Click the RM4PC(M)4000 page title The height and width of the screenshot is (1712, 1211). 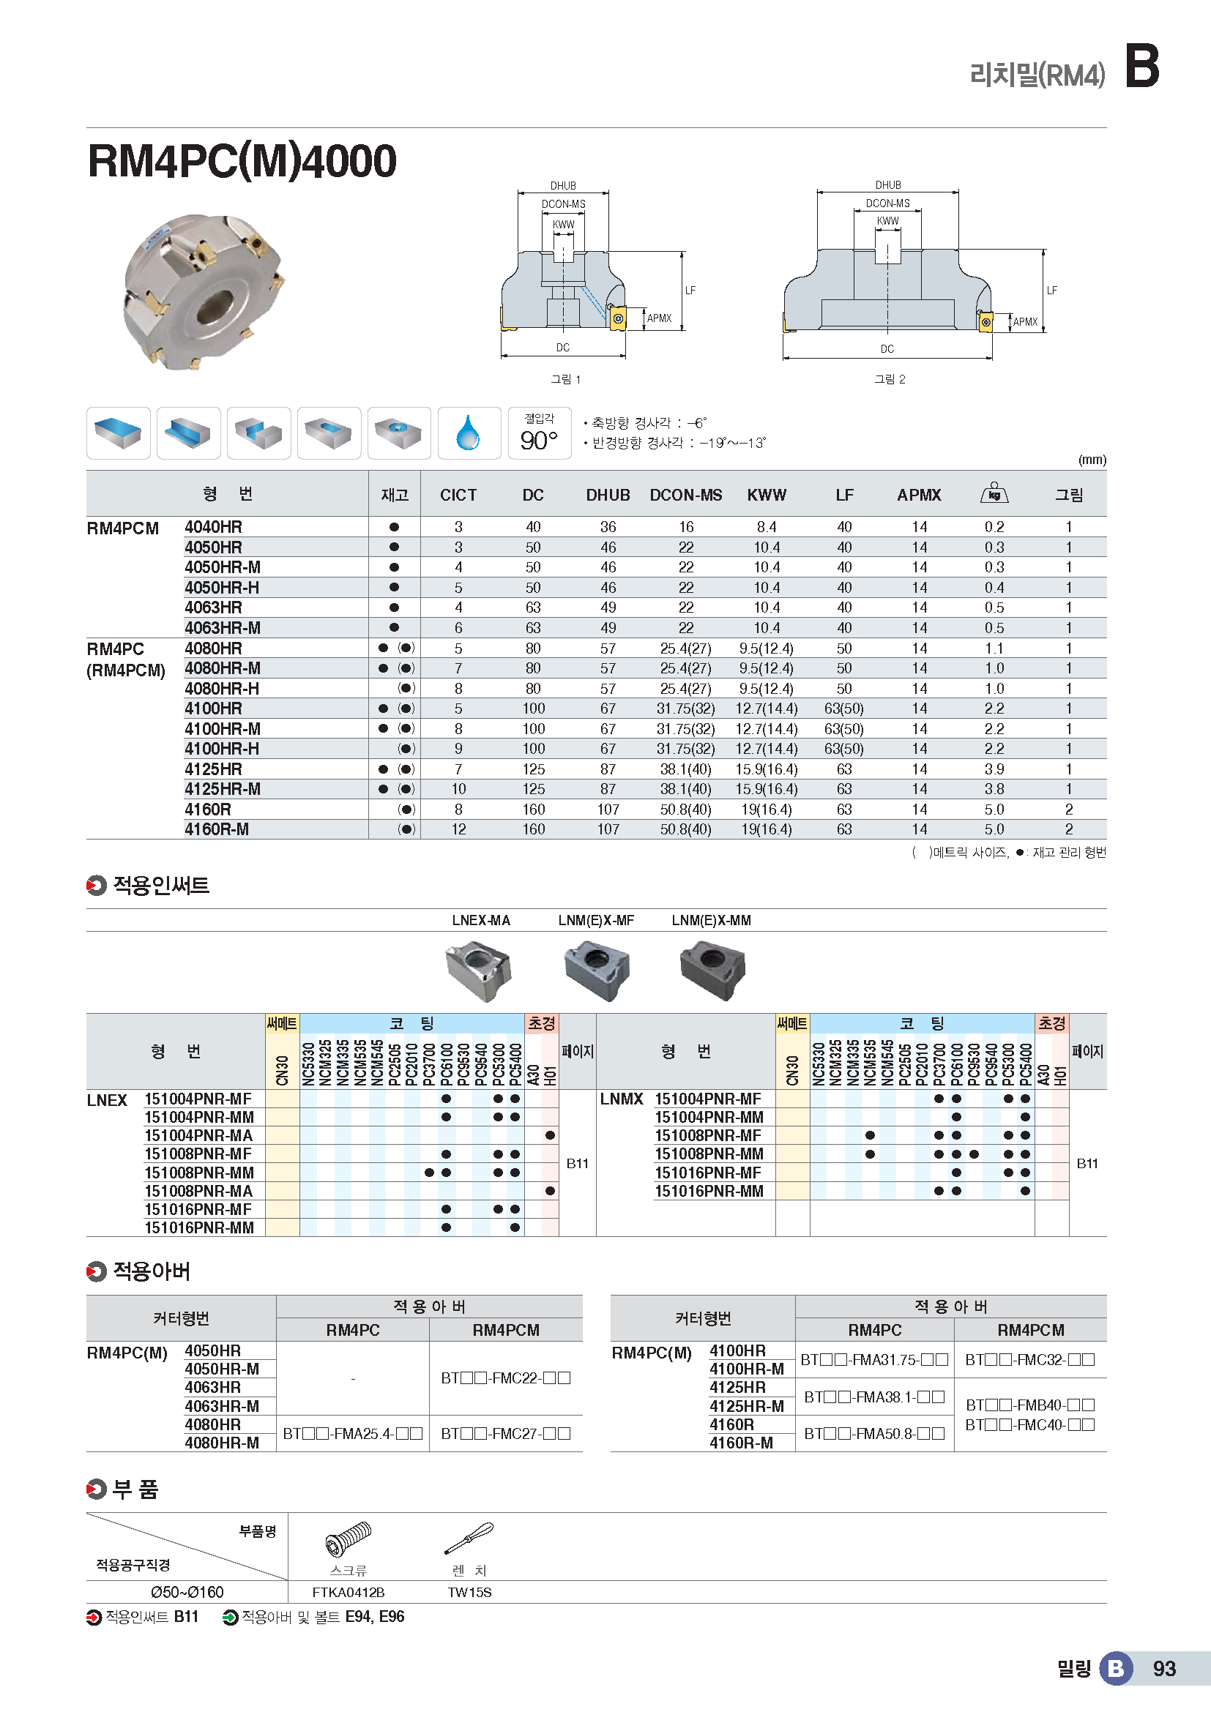pos(242,161)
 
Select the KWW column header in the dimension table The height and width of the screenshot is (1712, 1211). pos(766,495)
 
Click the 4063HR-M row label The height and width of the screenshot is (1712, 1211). pos(223,628)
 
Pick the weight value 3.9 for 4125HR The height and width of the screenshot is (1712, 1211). pos(994,769)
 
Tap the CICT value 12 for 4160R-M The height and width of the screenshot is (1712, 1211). pos(458,829)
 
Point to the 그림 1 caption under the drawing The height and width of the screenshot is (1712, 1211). pos(565,380)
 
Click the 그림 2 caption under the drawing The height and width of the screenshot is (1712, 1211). pos(890,380)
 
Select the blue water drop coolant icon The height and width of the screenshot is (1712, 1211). pos(469,433)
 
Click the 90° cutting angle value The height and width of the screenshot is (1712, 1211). pos(538,441)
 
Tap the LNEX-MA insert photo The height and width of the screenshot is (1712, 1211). pos(479,969)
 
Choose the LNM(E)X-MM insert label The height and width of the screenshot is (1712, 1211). pos(711,921)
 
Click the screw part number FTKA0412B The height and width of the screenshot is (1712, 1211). pos(349,1593)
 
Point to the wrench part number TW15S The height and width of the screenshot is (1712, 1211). pos(469,1593)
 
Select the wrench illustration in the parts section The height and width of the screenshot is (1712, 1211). pos(469,1538)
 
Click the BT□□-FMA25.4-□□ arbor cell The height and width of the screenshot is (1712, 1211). pos(353,1433)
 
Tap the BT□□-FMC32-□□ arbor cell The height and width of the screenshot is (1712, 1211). pos(1030,1359)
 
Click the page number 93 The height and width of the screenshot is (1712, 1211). pos(1164,1669)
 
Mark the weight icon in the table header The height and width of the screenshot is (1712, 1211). pos(994,493)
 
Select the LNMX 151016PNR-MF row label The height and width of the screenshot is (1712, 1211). pos(708,1173)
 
